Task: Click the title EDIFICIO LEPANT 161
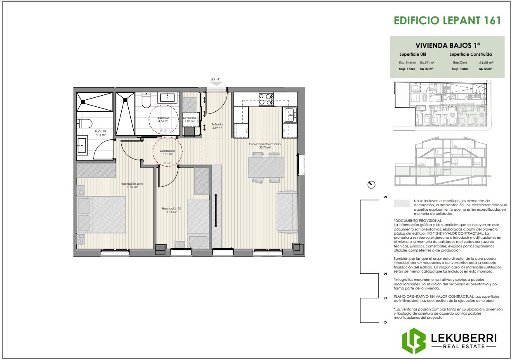[x=447, y=21]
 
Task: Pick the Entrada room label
[x=217, y=126]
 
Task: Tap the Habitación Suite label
[x=132, y=185]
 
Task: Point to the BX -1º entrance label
[x=216, y=79]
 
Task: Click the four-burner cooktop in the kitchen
[x=266, y=99]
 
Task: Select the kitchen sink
[x=289, y=115]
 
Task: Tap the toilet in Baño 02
[x=146, y=99]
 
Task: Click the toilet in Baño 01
[x=85, y=123]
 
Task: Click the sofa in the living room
[x=287, y=211]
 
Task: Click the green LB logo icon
[x=414, y=341]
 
